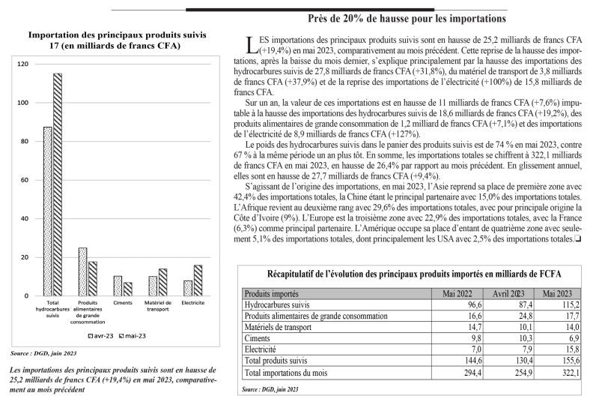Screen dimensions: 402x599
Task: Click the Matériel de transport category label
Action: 157,307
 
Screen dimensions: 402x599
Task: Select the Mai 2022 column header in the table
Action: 459,294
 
